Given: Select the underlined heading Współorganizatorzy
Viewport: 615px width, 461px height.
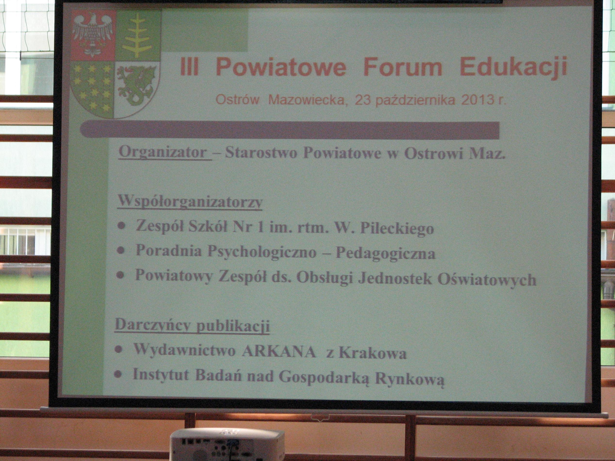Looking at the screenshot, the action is tap(190, 201).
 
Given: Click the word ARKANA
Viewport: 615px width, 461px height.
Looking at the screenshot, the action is tap(279, 353).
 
